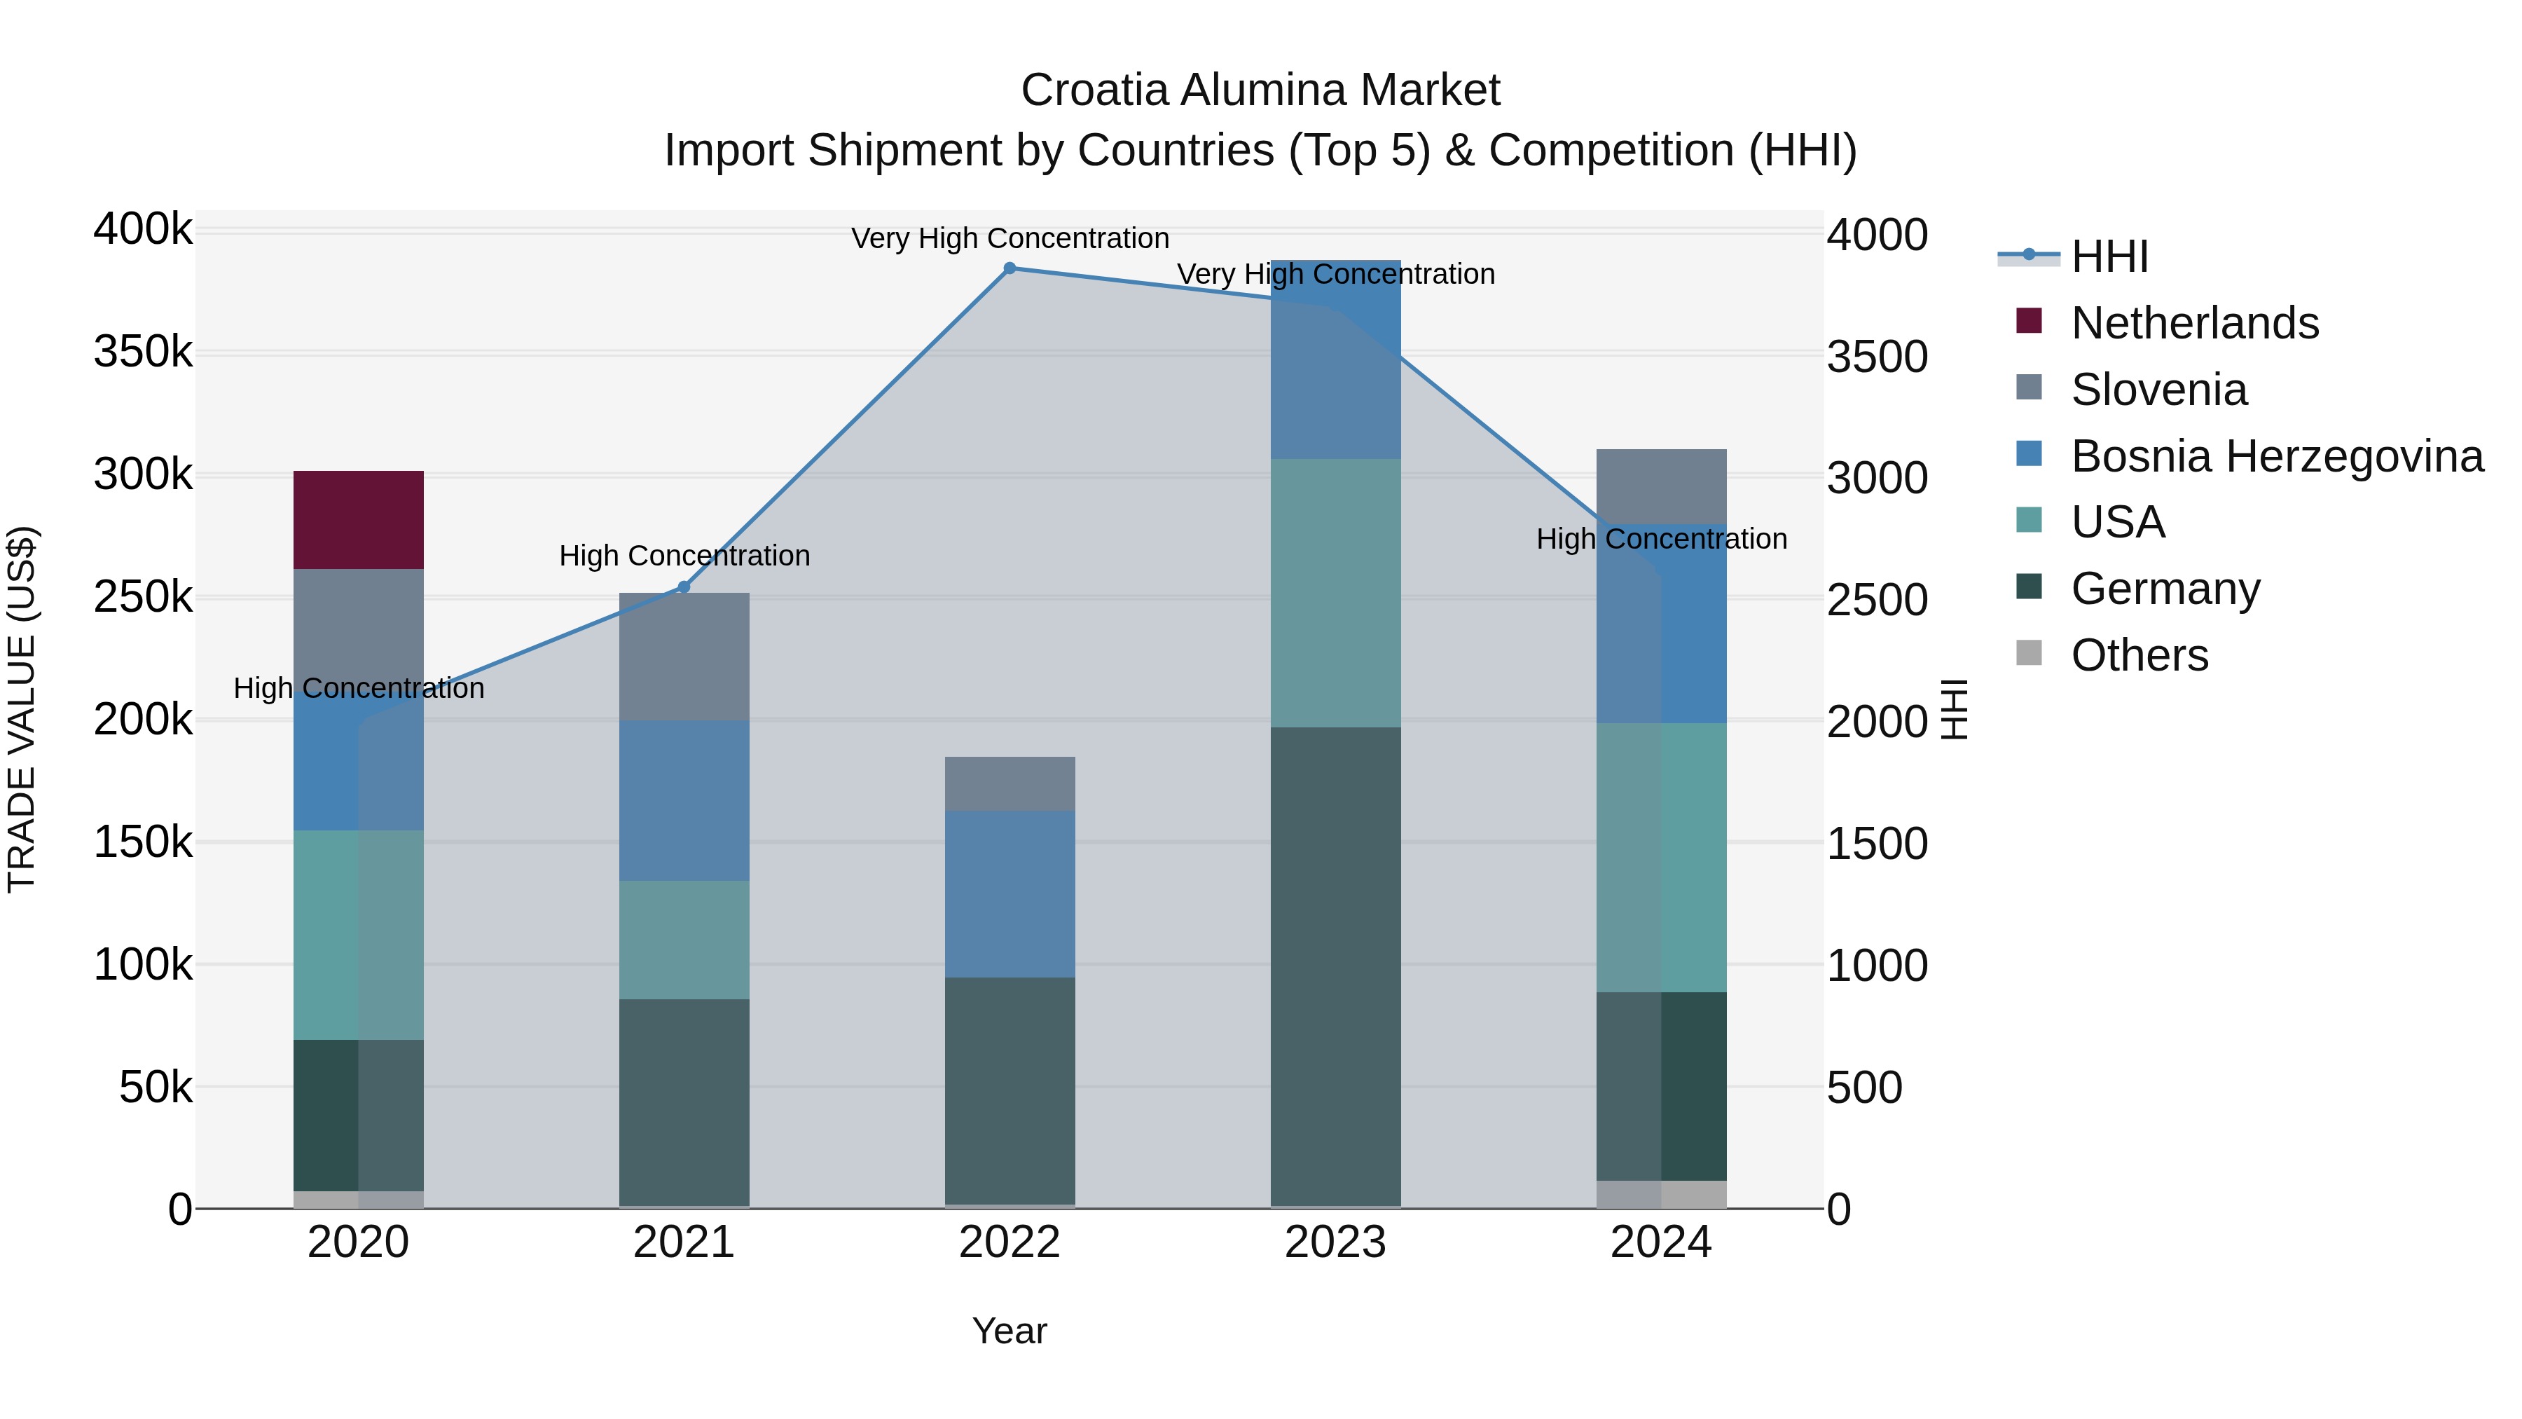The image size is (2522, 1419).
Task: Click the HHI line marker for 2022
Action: [1010, 268]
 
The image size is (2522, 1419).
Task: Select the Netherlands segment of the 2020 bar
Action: [358, 520]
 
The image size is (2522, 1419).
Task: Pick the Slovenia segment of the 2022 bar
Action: [1010, 783]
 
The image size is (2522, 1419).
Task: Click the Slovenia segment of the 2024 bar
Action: [1662, 487]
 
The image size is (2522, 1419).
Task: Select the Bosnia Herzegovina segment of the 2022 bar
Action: [1010, 893]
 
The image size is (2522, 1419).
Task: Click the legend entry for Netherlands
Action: [2194, 323]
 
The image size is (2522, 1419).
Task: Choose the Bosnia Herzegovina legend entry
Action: [2276, 456]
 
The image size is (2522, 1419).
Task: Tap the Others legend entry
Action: [2139, 655]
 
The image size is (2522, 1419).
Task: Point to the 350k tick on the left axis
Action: [143, 352]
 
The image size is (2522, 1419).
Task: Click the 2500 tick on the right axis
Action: [1876, 601]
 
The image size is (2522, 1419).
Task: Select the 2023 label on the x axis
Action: [1335, 1242]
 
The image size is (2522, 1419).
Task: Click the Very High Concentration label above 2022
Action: [1010, 238]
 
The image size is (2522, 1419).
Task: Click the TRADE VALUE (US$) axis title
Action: [22, 709]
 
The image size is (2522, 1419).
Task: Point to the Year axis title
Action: [1010, 1331]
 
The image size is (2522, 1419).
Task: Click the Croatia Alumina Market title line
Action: [1260, 90]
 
